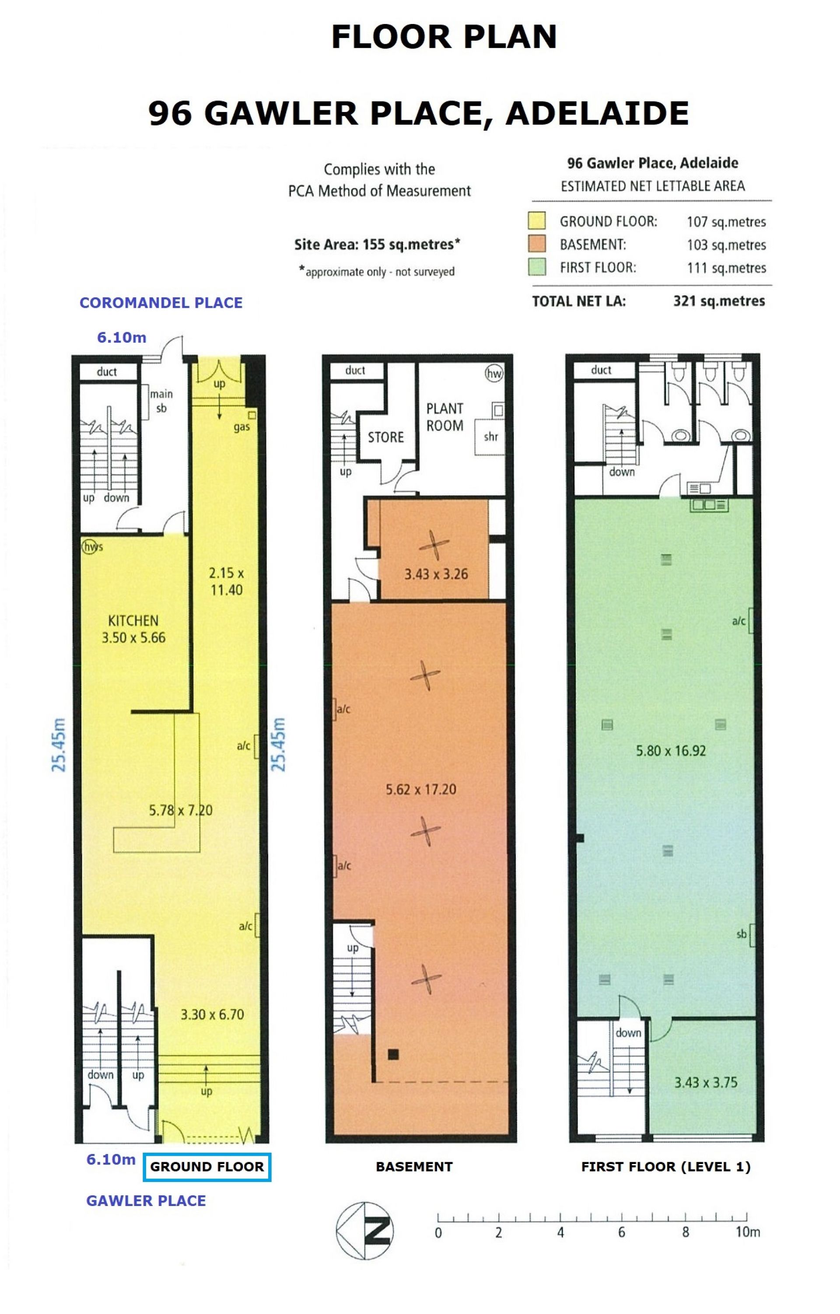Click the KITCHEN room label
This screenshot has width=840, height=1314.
click(x=133, y=620)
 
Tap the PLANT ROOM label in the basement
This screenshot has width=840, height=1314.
click(x=445, y=417)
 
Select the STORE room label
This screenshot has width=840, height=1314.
click(x=385, y=437)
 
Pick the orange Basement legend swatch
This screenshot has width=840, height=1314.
click(x=537, y=244)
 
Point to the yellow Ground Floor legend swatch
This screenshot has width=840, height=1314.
click(x=537, y=221)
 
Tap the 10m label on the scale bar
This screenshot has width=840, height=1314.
click(x=747, y=1232)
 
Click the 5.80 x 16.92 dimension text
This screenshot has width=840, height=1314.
click(x=671, y=751)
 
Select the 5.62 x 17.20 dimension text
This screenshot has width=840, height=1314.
click(x=421, y=789)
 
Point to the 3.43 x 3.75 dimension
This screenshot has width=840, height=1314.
click(x=706, y=1082)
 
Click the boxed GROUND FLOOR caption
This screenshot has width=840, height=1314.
click(x=207, y=1167)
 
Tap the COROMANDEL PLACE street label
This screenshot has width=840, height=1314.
click(x=161, y=303)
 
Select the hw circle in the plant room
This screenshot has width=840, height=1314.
click(x=494, y=373)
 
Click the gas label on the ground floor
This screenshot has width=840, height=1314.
click(x=242, y=427)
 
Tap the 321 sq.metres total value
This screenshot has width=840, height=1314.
click(x=719, y=301)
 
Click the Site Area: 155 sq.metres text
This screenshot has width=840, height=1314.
click(x=377, y=244)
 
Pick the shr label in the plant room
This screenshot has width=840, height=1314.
click(x=491, y=436)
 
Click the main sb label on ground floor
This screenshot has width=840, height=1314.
click(x=161, y=401)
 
